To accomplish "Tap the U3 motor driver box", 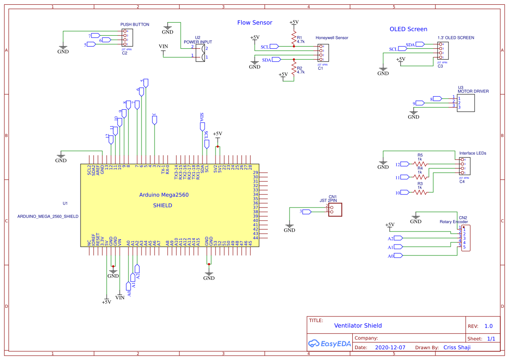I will tap(465, 102).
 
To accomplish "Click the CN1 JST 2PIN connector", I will tap(335, 209).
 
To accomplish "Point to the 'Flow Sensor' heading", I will tap(255, 23).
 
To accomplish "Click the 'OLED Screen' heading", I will tap(408, 29).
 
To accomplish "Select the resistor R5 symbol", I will tap(420, 164).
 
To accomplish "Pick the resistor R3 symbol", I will tap(420, 192).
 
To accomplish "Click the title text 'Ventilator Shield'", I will tap(357, 326).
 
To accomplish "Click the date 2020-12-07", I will tap(390, 348).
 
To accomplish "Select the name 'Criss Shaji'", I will tap(457, 347).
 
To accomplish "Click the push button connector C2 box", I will tap(127, 38).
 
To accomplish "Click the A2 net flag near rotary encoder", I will tap(397, 238).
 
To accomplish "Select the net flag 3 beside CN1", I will tap(306, 212).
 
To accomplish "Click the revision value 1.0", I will tap(488, 326).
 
